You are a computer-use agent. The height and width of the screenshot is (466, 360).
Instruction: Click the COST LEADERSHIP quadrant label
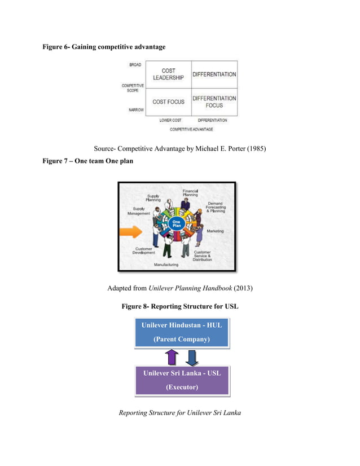point(168,74)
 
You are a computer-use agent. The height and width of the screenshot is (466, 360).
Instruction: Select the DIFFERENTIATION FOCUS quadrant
point(214,102)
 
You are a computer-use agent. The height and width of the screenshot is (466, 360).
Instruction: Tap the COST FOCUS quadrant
point(168,102)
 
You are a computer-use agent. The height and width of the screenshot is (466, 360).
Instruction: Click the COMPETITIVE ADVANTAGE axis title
point(191,129)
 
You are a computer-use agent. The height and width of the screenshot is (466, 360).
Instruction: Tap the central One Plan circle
point(176,224)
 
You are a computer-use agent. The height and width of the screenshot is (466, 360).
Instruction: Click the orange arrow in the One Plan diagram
point(130,231)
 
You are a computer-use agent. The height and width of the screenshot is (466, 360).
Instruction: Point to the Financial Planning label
point(190,193)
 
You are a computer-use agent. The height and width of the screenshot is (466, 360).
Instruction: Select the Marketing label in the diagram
point(215,231)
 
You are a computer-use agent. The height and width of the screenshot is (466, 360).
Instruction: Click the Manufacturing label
point(166,265)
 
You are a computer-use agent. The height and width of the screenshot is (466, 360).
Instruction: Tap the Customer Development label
point(143,250)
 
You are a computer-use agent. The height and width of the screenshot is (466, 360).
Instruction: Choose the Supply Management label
point(138,211)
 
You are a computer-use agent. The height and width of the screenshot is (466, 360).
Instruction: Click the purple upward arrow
point(172,357)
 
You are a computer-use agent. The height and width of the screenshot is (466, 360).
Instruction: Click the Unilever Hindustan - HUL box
point(181,332)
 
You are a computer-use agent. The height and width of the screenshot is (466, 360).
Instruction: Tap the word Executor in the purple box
point(182,388)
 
